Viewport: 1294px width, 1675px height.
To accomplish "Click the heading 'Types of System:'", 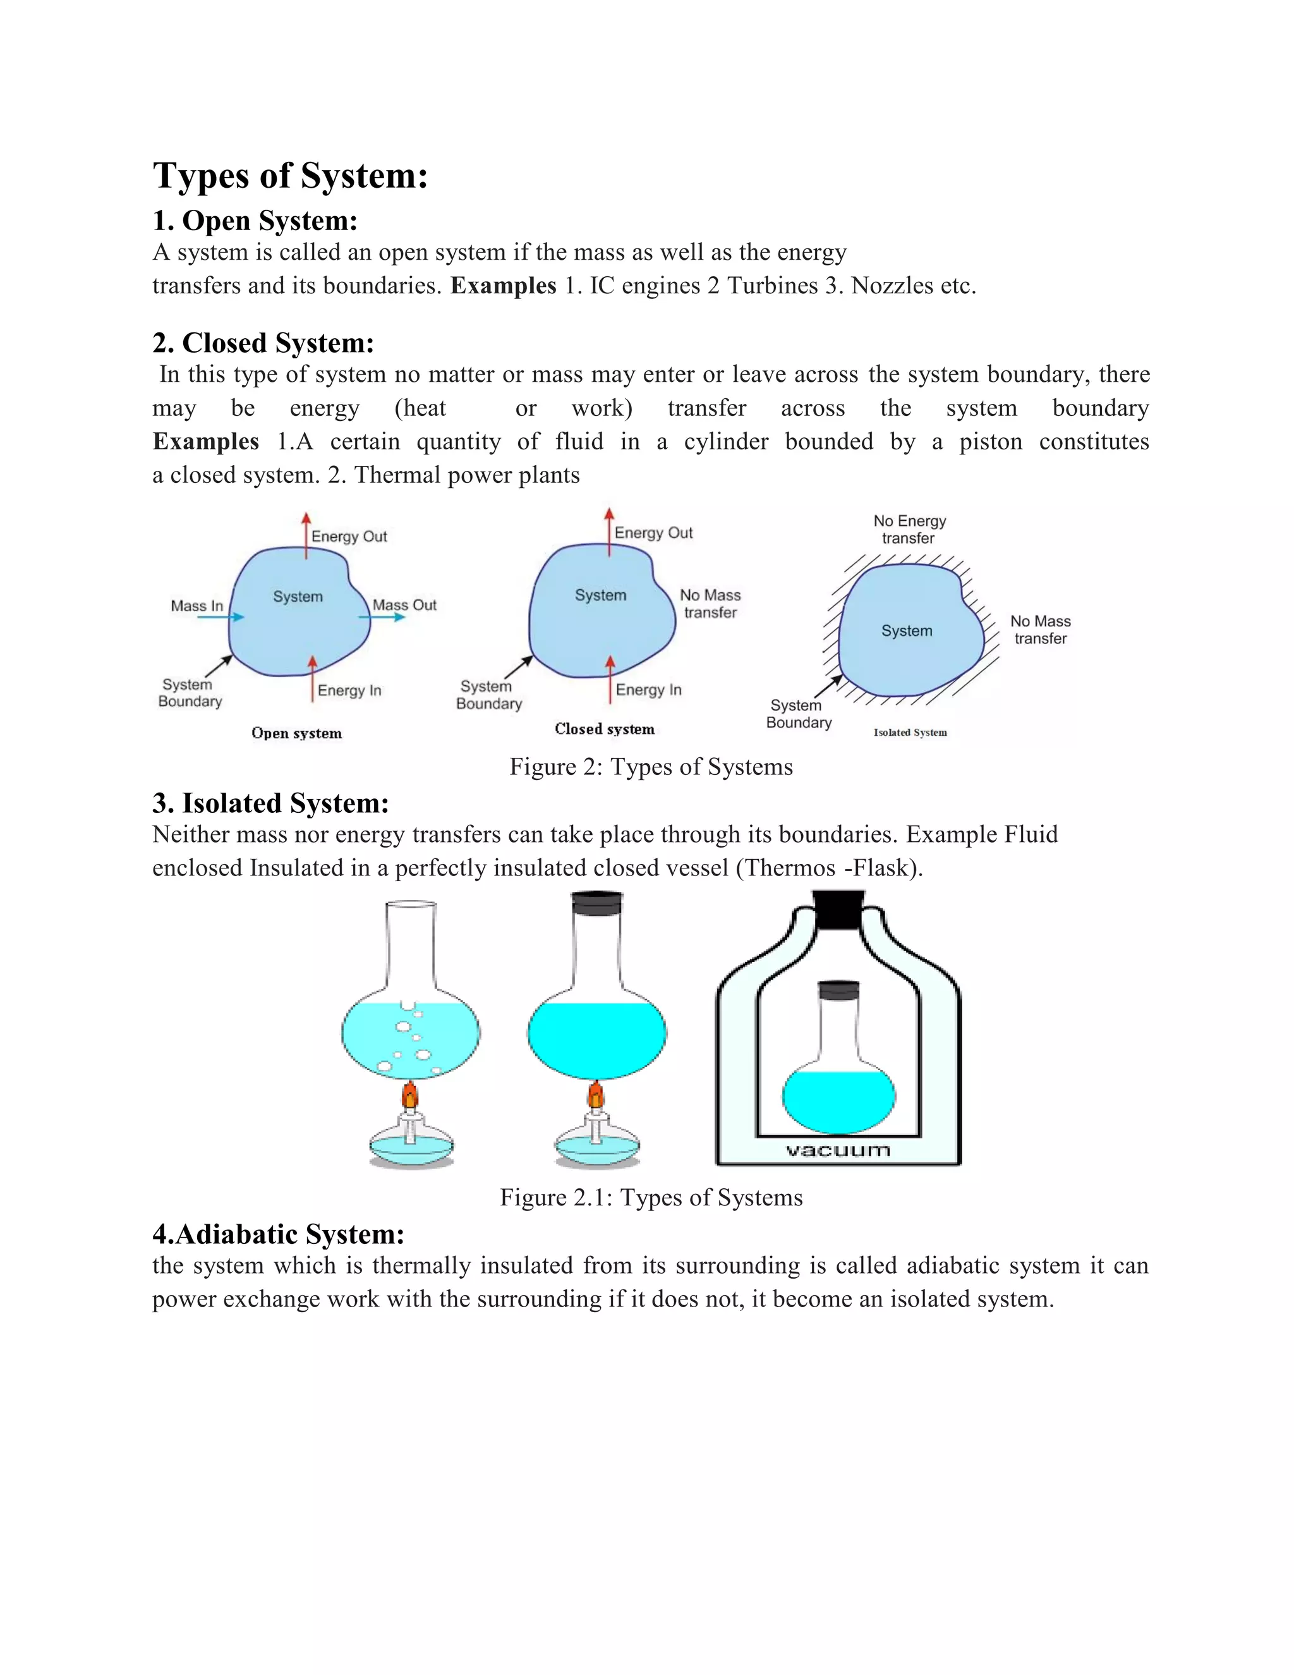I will pos(290,176).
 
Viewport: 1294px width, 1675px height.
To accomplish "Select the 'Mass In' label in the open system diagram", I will pos(197,606).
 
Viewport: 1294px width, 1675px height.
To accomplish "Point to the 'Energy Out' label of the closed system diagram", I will pos(653,533).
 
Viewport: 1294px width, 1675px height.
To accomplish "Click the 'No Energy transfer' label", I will pos(909,529).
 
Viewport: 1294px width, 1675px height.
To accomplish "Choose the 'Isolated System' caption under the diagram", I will pos(910,733).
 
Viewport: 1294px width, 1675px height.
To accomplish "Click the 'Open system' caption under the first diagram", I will pos(297,733).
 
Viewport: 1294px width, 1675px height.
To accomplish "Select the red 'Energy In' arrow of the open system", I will pos(312,678).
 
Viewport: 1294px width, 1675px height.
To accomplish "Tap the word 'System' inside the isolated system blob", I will pos(906,631).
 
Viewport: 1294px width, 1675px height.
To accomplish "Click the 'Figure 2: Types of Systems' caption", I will pos(651,767).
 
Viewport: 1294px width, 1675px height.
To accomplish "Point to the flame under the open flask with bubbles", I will pos(410,1093).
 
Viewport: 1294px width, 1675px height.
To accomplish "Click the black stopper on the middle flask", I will pos(597,903).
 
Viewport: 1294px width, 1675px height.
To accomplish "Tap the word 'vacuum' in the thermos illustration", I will pos(838,1150).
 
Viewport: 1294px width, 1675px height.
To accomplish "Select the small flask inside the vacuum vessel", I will pos(838,1066).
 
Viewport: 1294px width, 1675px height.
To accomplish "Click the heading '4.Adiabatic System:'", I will pos(278,1234).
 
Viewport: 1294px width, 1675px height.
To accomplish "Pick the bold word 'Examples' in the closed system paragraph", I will pos(205,442).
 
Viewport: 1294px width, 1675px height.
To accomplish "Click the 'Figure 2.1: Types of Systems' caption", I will pos(651,1197).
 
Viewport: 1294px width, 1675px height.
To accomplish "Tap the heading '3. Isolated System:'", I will pos(270,803).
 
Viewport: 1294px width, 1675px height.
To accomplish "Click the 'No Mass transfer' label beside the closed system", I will pos(710,604).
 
